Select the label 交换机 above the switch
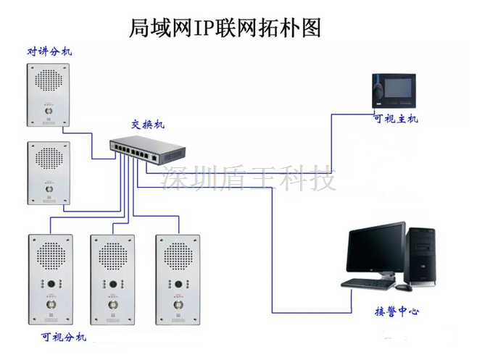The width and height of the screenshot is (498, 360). [147, 125]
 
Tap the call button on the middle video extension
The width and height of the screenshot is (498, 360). [112, 305]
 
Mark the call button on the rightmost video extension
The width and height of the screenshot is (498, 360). [176, 305]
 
